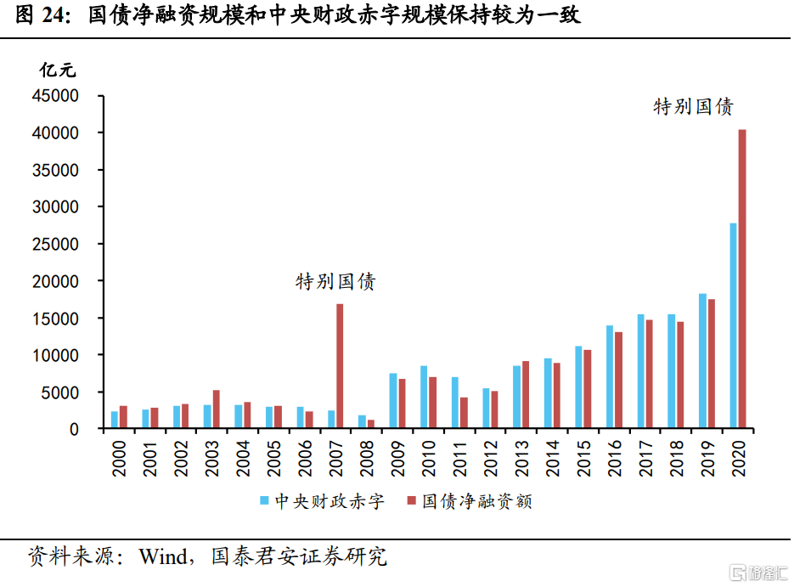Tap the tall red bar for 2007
point(341,366)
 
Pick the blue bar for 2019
point(702,361)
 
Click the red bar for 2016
point(618,380)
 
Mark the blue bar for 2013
point(516,397)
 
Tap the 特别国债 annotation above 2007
point(335,282)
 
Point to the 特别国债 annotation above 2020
point(693,107)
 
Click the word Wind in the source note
point(162,557)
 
